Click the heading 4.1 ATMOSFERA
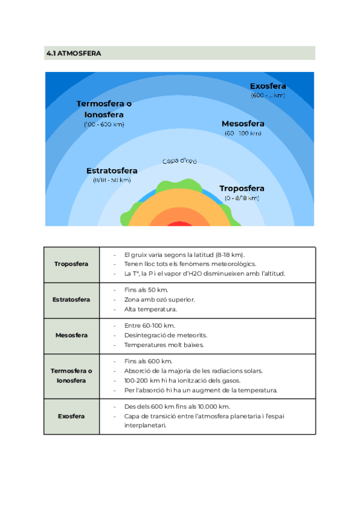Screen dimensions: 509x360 pos(73,53)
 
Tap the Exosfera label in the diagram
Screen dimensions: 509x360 pos(268,86)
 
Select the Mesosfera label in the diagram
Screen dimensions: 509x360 pos(242,124)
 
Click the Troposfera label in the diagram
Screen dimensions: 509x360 pos(241,188)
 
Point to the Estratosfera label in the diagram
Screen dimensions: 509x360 pos(112,170)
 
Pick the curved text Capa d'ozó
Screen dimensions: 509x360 pos(179,161)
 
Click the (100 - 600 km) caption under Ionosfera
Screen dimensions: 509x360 pos(104,124)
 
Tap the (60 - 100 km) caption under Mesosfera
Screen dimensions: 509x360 pos(242,133)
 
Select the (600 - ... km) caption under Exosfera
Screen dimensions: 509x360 pos(268,95)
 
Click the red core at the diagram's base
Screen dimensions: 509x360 pos(179,224)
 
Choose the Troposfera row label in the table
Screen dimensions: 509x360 pos(71,264)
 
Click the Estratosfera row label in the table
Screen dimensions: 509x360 pos(71,299)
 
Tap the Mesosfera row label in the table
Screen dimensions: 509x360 pos(71,335)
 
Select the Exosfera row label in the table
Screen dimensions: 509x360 pos(71,416)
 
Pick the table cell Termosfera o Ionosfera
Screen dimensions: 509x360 pos(71,376)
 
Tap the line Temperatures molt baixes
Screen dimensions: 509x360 pos(164,345)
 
